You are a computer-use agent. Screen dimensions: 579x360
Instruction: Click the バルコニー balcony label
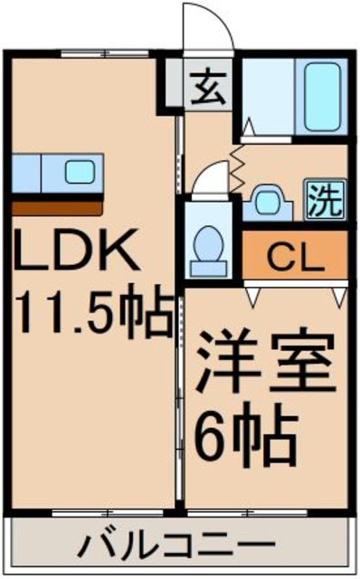tap(176, 546)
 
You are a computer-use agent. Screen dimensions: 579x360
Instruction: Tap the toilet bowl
tap(210, 243)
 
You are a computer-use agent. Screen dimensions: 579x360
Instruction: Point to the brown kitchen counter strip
tap(58, 205)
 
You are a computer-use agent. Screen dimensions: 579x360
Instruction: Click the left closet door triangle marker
tap(254, 294)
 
